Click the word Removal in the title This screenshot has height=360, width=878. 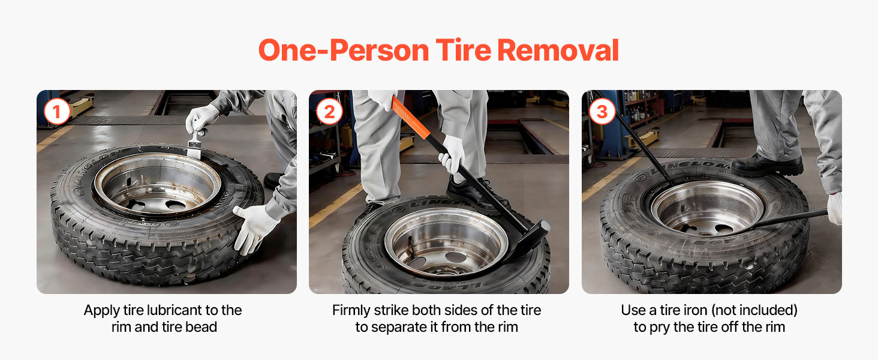(x=558, y=50)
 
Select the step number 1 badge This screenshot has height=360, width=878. (x=57, y=112)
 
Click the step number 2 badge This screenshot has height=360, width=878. (x=329, y=112)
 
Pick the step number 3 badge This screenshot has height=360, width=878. (x=602, y=112)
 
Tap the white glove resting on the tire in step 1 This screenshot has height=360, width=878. (x=255, y=228)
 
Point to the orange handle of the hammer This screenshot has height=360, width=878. (x=410, y=117)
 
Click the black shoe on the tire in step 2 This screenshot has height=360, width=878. (x=476, y=194)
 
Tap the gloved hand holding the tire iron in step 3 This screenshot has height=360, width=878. (x=834, y=208)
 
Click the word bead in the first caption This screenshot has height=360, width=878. (x=201, y=327)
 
